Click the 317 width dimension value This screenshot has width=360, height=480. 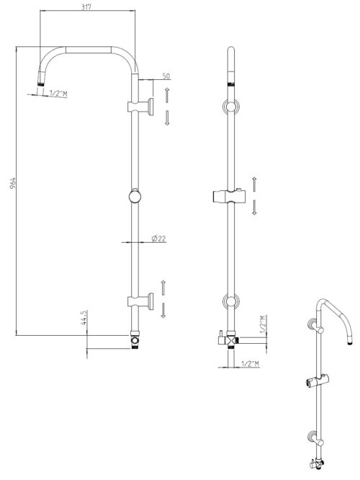[86, 6]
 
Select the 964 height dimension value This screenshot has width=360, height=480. [12, 183]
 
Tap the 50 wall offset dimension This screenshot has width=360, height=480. [166, 76]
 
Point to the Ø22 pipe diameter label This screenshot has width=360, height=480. [158, 238]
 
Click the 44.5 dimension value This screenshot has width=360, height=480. [84, 317]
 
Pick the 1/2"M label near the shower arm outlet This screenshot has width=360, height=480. [58, 94]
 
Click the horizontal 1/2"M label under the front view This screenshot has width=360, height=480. [250, 364]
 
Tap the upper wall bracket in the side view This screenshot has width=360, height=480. [140, 107]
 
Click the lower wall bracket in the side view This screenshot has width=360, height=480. [140, 301]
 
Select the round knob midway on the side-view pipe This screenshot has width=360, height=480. [135, 197]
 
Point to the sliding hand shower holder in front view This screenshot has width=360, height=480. [229, 196]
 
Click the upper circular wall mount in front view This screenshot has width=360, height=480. [231, 107]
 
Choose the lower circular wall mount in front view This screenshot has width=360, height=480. [231, 301]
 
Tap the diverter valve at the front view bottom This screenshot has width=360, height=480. [228, 339]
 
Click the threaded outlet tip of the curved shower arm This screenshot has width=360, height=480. [41, 84]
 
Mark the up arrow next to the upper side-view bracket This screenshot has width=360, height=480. [167, 95]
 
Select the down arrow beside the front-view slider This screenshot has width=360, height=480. [254, 208]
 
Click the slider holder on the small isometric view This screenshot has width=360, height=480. [317, 381]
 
